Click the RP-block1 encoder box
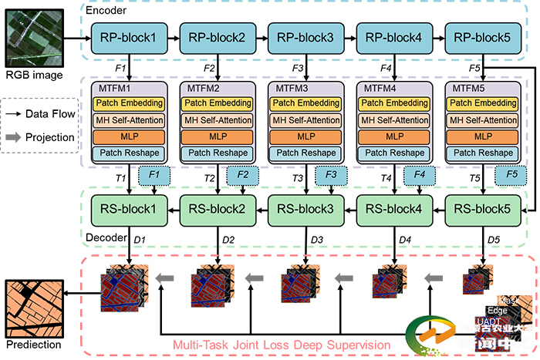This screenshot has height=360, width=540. tap(129, 37)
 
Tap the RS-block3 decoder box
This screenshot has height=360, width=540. tap(305, 208)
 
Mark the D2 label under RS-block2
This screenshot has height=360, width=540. tap(228, 241)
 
